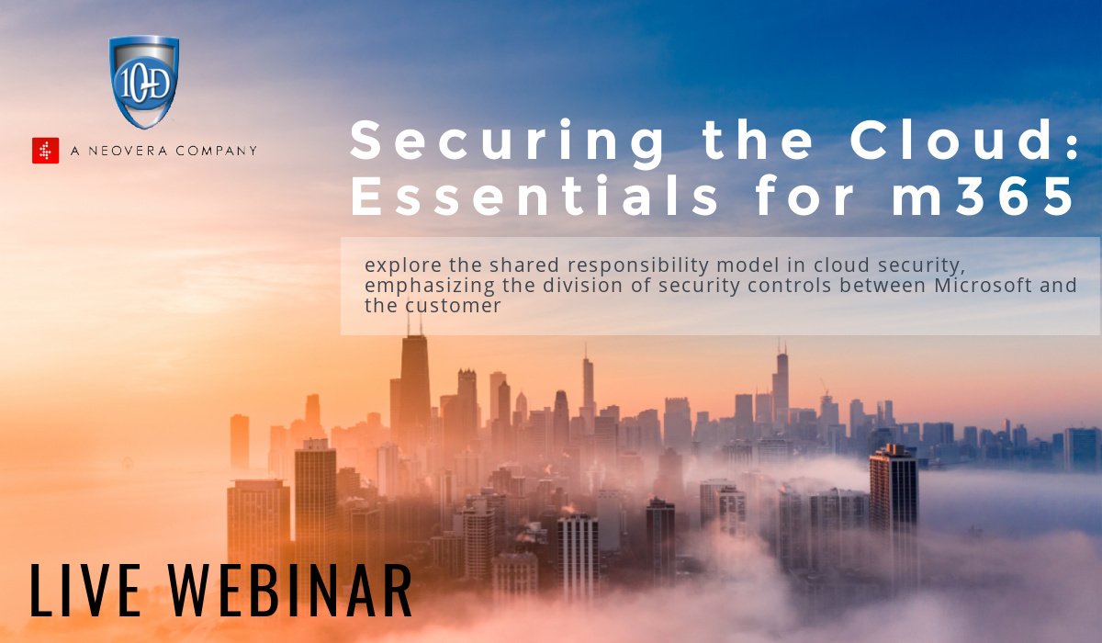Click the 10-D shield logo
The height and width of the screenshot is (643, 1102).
click(143, 81)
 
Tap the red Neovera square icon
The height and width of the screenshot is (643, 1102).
click(46, 151)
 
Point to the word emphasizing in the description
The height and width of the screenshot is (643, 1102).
click(422, 285)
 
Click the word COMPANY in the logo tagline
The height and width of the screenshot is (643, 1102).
click(220, 151)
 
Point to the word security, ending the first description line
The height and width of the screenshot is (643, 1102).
click(928, 265)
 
